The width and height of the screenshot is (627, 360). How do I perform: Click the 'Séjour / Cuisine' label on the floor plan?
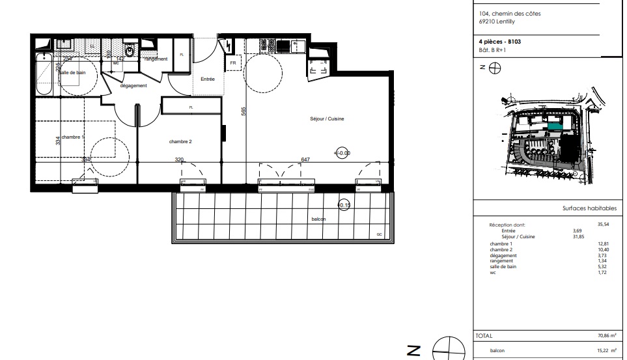[327, 118]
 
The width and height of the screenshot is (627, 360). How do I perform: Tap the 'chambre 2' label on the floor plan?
[180, 141]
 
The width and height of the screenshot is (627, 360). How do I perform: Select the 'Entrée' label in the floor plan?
[208, 79]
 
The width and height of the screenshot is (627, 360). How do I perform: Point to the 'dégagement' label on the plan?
[133, 86]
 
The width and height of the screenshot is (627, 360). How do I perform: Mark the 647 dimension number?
[305, 159]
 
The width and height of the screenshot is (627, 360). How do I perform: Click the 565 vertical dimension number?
[242, 111]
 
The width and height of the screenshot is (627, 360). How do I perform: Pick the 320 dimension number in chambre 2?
[179, 159]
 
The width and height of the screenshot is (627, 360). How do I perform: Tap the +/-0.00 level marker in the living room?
[342, 153]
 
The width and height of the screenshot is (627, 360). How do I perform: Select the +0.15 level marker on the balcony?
[344, 205]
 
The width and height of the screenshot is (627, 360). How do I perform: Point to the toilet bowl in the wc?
[129, 50]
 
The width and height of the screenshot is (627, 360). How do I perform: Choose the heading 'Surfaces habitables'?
[589, 209]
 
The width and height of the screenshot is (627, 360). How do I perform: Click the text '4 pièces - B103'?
[499, 42]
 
